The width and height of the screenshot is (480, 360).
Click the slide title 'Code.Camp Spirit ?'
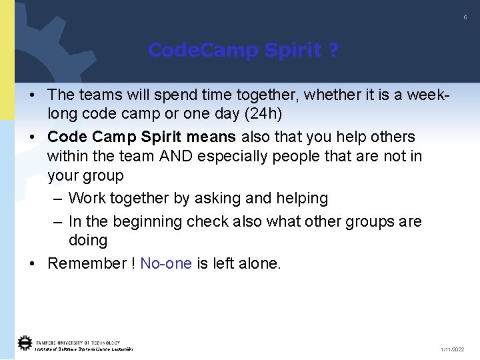point(243,50)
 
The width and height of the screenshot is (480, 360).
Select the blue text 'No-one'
point(166,263)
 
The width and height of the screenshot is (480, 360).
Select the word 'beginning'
point(155,221)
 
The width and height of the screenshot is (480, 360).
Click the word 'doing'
point(88,240)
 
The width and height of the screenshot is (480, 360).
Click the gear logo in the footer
point(25,343)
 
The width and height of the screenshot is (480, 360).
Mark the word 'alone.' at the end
point(260,263)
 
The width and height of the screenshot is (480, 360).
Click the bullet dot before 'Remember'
point(32,263)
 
